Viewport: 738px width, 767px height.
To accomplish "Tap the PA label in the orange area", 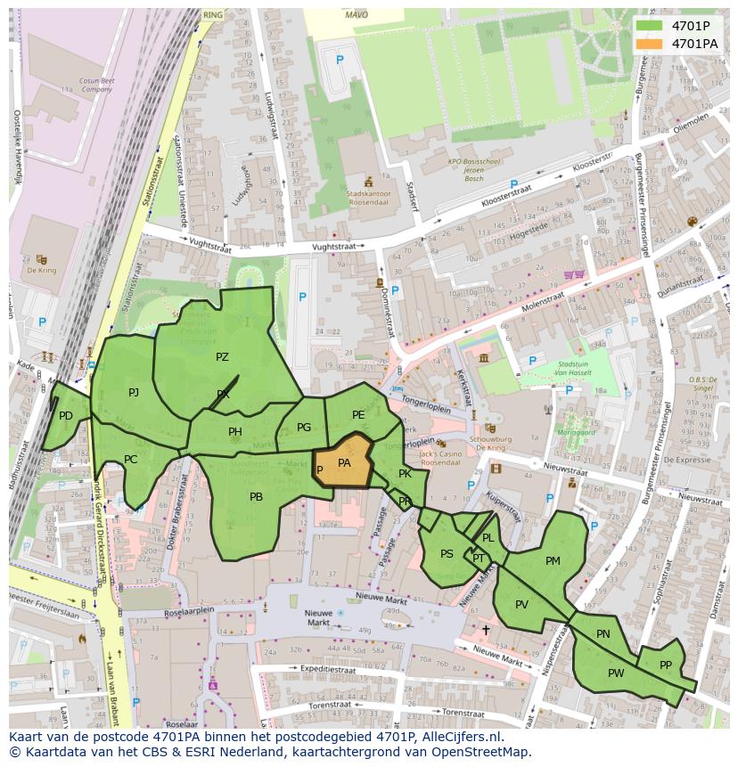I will click(344, 463).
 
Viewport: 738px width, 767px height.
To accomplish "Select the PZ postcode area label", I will click(222, 357).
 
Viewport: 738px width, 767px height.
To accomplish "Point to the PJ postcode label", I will click(134, 392).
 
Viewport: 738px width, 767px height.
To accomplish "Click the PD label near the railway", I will click(66, 416).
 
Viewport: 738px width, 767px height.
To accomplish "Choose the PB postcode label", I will click(256, 497).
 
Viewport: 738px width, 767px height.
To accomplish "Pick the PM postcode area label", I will click(553, 560).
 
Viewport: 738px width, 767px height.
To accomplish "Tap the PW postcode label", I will click(616, 673).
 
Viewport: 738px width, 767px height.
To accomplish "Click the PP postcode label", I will click(665, 665).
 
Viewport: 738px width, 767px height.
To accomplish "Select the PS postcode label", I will click(447, 554).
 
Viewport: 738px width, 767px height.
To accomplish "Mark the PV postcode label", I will click(521, 605).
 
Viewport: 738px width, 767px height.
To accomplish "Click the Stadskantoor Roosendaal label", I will click(370, 197).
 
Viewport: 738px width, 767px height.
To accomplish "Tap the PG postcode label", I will click(304, 428).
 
